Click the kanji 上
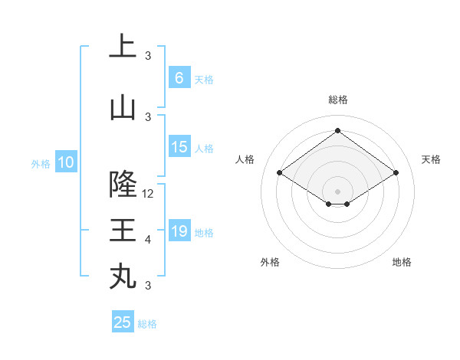123,47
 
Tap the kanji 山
123,108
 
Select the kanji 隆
123,185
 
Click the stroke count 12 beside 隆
149,194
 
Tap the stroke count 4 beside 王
148,240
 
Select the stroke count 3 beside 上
148,56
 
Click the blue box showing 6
179,77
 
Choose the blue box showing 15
179,147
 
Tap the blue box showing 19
179,231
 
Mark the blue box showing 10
66,162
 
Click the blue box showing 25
123,322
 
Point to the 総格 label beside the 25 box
147,324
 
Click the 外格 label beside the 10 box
41,163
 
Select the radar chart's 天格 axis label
432,159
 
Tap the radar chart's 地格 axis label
402,263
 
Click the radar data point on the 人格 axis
280,173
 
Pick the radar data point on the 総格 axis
337,130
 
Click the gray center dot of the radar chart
337,190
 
